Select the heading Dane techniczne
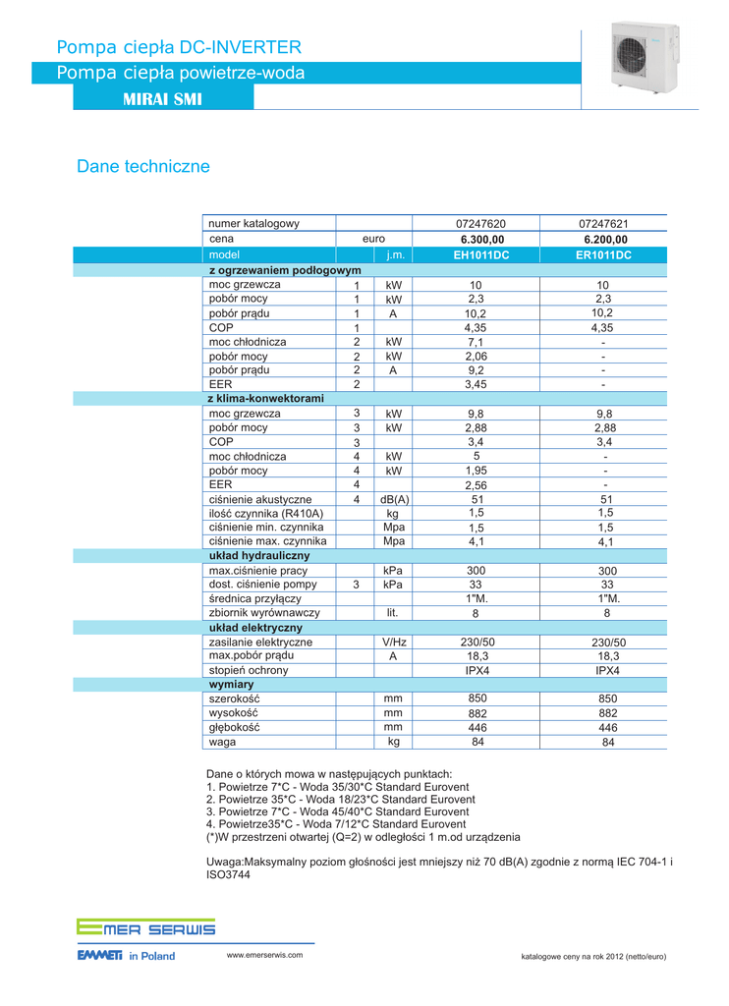[143, 167]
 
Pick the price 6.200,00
[605, 240]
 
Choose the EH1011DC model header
[481, 255]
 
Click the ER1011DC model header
[604, 255]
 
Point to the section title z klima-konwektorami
[266, 398]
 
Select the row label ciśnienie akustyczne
[260, 499]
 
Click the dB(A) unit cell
[394, 499]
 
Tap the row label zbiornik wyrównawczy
[264, 612]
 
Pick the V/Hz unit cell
[394, 643]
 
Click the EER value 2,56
[477, 485]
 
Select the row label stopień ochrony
[249, 670]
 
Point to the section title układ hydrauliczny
[259, 556]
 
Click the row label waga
[222, 742]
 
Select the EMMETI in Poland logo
[126, 955]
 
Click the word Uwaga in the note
[224, 862]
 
